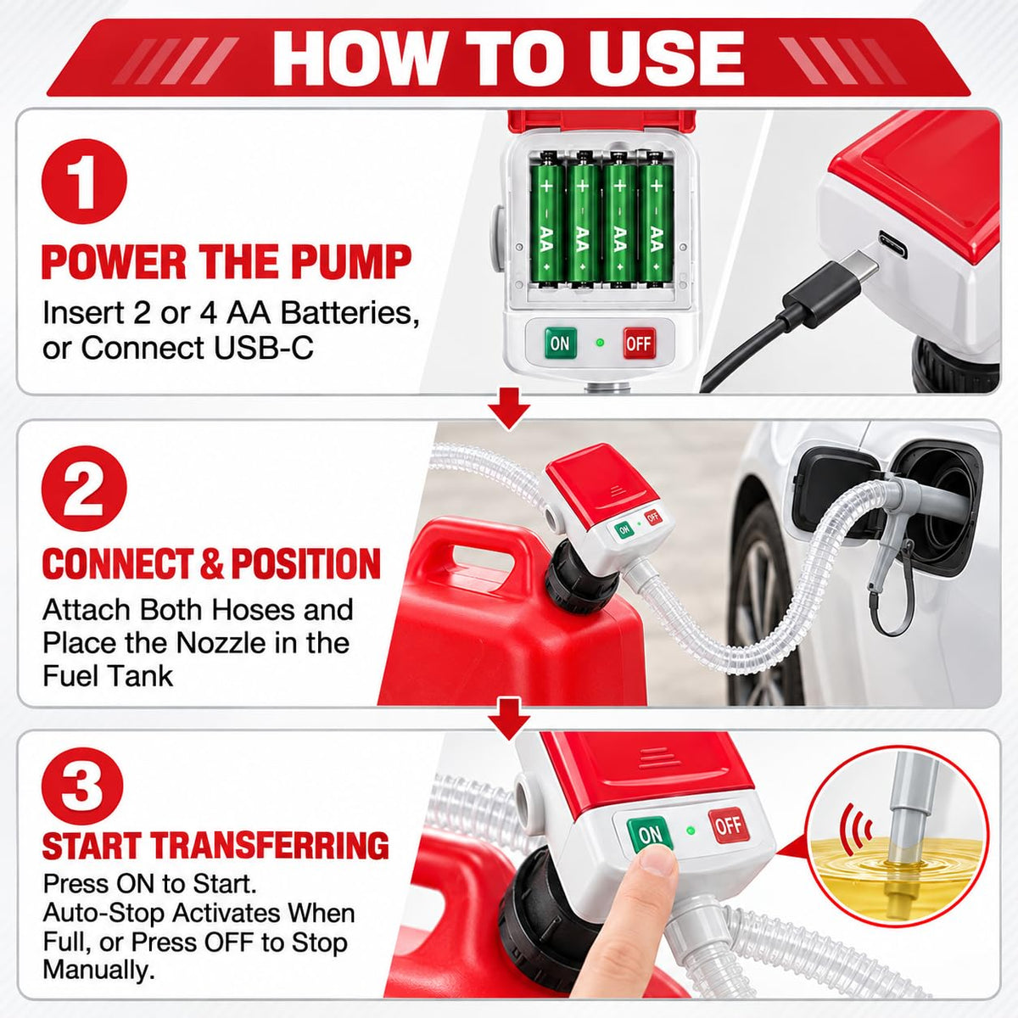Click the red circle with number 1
[84, 182]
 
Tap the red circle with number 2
[84, 489]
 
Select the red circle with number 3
[82, 790]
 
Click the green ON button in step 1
[560, 343]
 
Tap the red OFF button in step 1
[640, 343]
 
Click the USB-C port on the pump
[892, 244]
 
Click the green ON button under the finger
[651, 834]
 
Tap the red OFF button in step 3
[729, 825]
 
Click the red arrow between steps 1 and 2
[508, 408]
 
